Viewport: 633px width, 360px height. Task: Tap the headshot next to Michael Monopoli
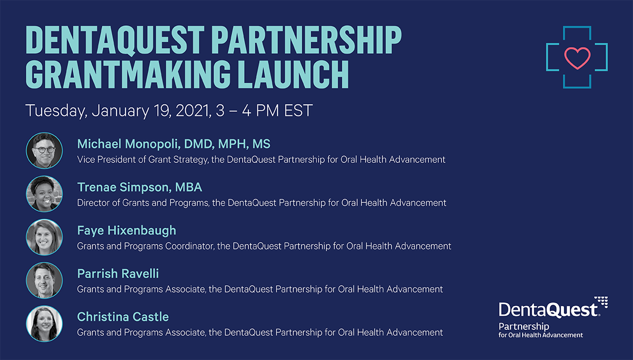(44, 151)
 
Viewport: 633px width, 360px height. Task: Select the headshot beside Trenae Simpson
(44, 193)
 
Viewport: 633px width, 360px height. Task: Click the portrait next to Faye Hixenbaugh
(44, 237)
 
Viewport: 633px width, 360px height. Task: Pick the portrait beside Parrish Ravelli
(44, 280)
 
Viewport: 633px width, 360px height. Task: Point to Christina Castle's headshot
(44, 324)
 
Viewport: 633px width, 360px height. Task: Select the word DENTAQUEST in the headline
(115, 40)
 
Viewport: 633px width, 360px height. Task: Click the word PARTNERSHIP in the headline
(306, 40)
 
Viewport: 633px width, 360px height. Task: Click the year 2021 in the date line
(193, 110)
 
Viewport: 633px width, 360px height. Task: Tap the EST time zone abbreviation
(298, 110)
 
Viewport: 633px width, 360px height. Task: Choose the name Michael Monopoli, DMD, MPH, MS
(174, 144)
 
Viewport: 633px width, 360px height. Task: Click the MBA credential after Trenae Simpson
(188, 187)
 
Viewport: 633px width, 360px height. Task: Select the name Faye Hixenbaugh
(127, 231)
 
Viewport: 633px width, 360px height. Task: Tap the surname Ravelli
(139, 274)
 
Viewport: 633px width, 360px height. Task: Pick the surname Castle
(151, 317)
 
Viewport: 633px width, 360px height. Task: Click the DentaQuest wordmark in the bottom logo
(548, 310)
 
